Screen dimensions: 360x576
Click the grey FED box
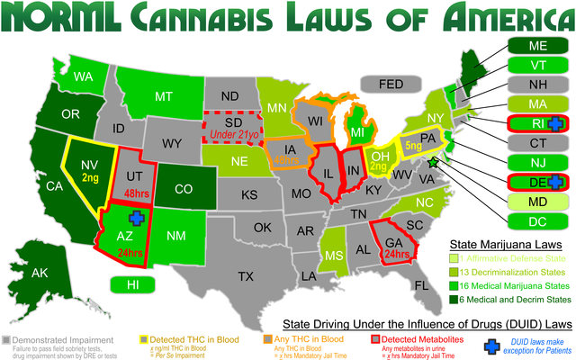coord(391,84)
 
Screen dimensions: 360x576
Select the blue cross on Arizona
coord(136,218)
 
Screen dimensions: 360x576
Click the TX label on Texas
coord(245,276)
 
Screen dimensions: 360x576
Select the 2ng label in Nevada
coord(90,178)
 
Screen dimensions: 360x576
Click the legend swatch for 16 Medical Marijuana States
coord(454,284)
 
